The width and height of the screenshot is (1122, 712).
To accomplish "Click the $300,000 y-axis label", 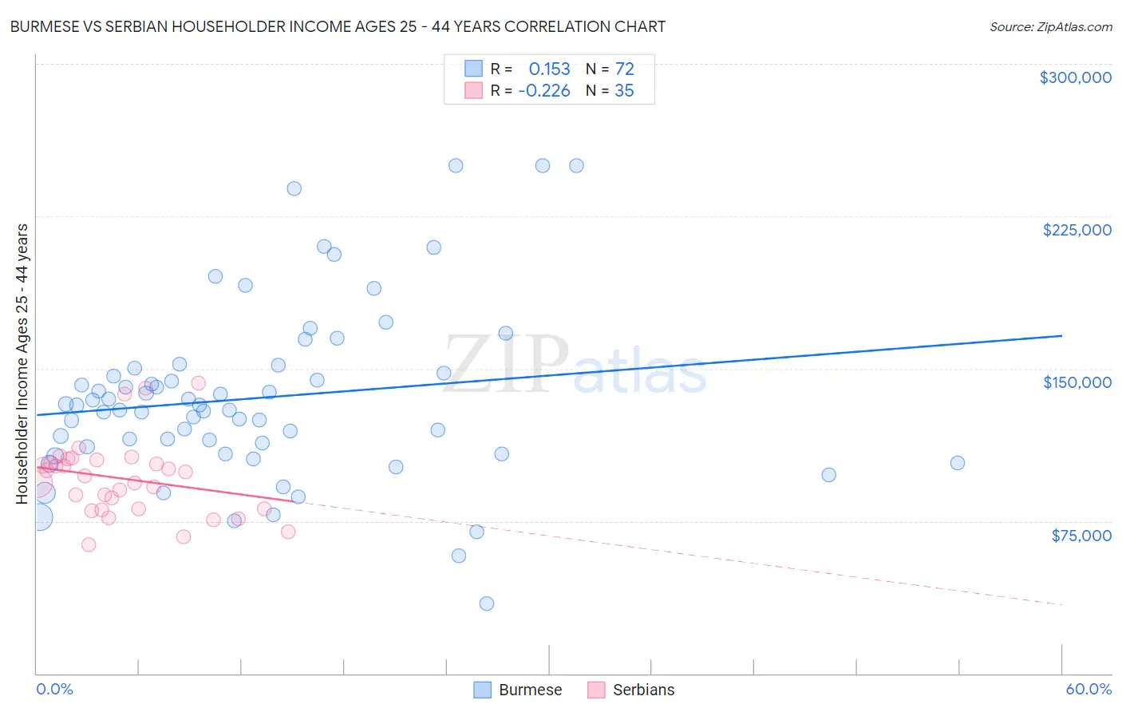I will click(1075, 77).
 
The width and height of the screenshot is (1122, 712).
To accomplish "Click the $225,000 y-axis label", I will click(1077, 230).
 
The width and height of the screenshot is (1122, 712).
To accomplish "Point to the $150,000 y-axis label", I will click(1077, 382).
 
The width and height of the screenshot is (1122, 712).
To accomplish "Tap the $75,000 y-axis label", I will click(1081, 535).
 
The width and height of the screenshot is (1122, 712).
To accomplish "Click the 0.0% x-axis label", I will click(54, 689).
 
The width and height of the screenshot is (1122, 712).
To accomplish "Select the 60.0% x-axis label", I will click(1088, 689).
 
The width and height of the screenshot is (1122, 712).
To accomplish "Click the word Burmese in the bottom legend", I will click(530, 690).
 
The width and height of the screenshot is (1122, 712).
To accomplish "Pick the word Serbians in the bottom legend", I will click(643, 690).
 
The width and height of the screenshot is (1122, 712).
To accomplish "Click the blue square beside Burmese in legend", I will click(482, 690).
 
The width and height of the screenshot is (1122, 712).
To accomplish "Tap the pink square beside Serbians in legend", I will click(596, 690).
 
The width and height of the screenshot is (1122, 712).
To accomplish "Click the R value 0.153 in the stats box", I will click(549, 69).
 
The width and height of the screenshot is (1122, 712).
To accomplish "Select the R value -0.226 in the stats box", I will click(544, 91).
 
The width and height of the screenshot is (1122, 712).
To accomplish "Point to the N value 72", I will click(624, 69).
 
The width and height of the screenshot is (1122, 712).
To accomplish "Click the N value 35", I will click(624, 91).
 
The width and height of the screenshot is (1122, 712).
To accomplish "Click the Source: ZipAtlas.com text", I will click(1050, 27).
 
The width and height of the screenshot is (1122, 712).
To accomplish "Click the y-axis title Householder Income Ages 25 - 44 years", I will click(22, 363).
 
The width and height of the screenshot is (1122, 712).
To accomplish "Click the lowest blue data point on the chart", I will click(487, 603).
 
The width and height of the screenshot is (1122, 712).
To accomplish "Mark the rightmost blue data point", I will click(958, 463).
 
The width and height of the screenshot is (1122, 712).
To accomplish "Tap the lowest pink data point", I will click(89, 544).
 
